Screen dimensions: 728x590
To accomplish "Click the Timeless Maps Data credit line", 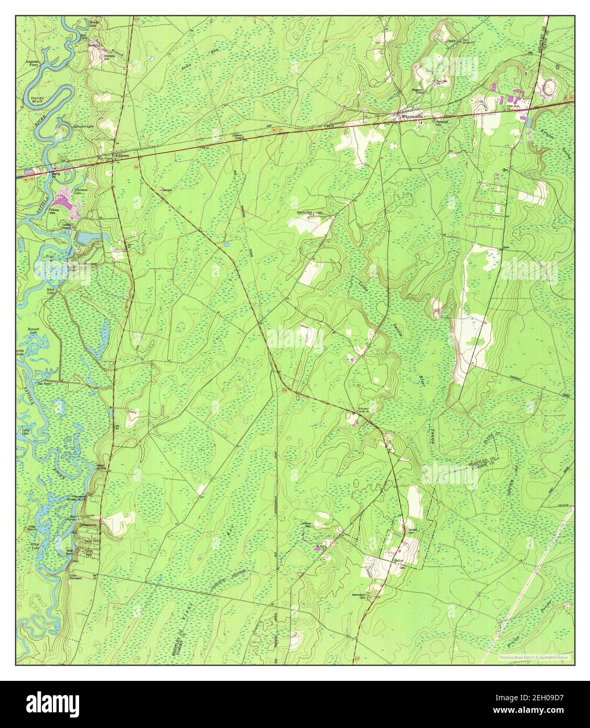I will [534, 657].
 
